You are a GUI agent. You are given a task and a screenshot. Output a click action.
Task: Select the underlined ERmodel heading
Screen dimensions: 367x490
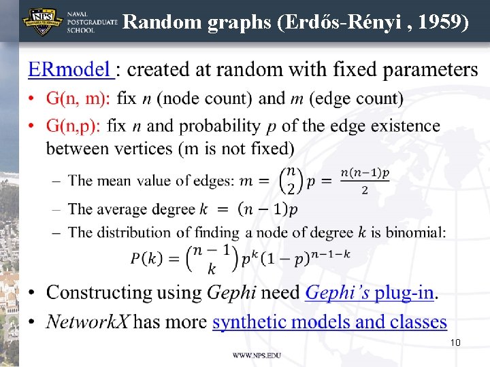[69, 69]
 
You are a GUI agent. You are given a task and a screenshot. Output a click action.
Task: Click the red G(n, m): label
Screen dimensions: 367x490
[78, 99]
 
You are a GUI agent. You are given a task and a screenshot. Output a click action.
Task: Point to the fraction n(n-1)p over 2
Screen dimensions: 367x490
[365, 181]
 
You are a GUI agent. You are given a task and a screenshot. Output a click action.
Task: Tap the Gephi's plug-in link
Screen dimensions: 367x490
[370, 293]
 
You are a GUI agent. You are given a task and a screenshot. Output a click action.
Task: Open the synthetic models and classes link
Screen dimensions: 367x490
[329, 321]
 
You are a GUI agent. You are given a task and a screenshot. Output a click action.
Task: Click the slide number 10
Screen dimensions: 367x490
[455, 343]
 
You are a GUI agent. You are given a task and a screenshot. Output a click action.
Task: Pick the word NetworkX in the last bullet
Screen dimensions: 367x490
[87, 321]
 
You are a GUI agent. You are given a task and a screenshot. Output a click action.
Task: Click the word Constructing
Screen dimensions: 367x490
[99, 293]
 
